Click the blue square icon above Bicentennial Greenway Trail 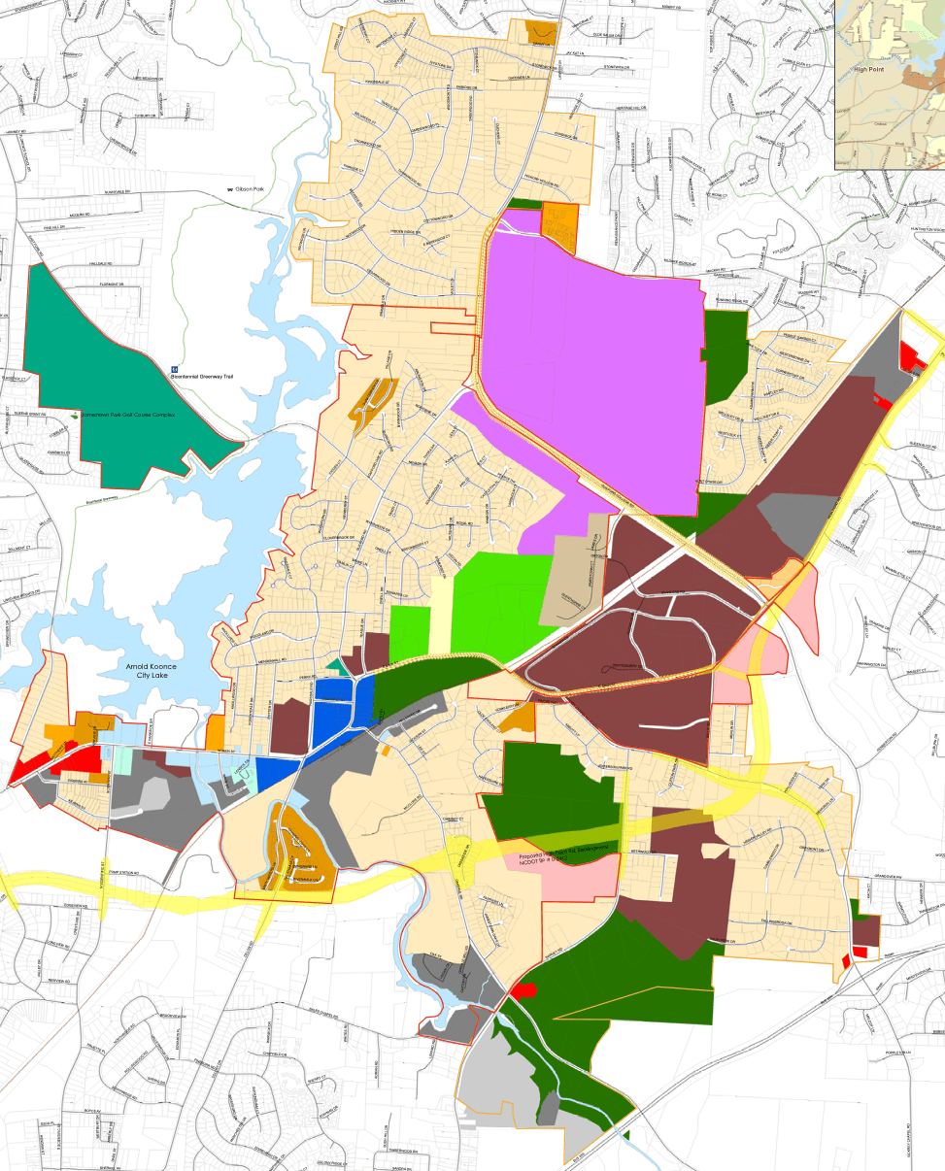click(x=175, y=368)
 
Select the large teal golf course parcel click(x=97, y=379)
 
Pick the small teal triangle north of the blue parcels click(x=336, y=665)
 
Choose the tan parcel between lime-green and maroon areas click(x=580, y=573)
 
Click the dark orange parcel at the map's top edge click(x=540, y=33)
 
